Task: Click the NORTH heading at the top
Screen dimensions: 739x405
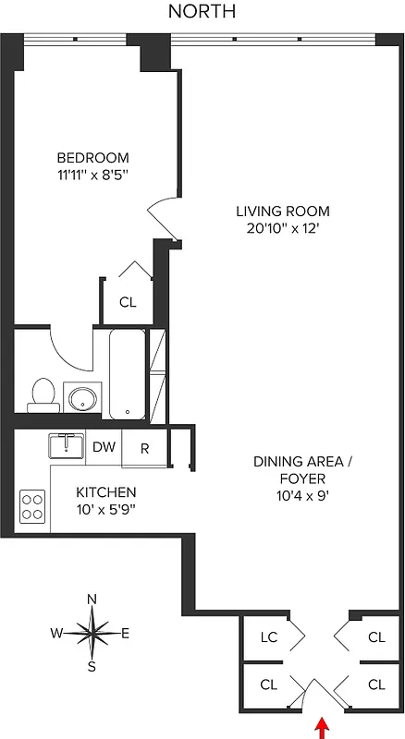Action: click(202, 11)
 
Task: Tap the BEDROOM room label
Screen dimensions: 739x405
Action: click(92, 158)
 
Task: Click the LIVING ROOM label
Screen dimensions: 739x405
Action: click(283, 211)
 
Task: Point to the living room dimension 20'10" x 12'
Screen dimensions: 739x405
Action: click(283, 228)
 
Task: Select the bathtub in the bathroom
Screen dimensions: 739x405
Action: click(127, 374)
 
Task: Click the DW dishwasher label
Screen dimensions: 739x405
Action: click(104, 447)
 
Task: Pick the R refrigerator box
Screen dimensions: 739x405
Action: click(145, 448)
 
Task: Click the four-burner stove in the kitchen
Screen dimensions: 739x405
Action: click(32, 506)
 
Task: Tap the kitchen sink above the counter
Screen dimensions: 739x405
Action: click(67, 446)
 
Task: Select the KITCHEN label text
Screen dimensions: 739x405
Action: click(106, 492)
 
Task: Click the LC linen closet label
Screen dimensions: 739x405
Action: click(269, 636)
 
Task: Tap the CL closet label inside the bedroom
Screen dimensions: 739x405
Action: click(128, 301)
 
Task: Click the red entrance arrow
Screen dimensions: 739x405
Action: click(322, 728)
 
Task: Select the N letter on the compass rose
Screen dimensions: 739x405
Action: click(92, 599)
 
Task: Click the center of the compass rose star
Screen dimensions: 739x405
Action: click(92, 633)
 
